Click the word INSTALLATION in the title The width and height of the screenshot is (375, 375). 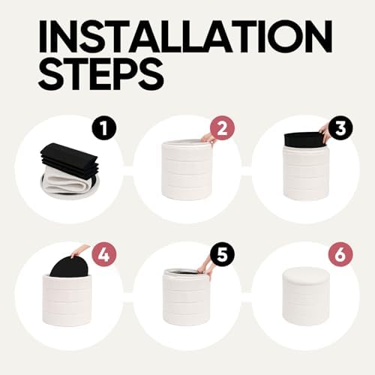185,37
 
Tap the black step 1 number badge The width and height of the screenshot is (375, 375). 103,130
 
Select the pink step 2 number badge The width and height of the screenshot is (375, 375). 222,130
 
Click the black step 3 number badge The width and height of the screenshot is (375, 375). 340,130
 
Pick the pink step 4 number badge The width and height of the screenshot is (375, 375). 103,256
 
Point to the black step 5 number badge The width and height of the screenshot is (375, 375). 222,256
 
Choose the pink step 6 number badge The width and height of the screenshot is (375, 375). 340,256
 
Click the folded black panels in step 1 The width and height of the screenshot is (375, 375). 70,159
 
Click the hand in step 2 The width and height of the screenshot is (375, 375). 208,138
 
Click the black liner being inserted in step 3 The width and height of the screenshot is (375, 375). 303,140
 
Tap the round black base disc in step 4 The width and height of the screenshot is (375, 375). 69,267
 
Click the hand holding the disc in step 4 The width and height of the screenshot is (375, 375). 79,251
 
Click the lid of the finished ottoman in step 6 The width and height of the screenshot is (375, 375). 303,276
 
